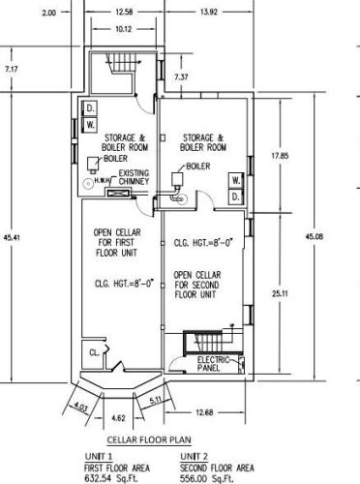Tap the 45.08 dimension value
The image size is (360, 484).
pos(315,236)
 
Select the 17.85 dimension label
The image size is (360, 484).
pos(280,156)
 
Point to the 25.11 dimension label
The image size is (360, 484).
pos(280,294)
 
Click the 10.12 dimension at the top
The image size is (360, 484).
pos(124,29)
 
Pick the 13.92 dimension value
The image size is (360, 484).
pos(209,12)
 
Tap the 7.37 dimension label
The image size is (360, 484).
pos(181,77)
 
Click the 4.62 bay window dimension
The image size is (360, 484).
pos(118,418)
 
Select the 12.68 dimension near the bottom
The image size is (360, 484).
pos(204,412)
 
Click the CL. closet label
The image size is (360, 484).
pos(94,353)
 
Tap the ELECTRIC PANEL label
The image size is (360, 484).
pos(213,364)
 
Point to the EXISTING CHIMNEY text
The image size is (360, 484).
pos(134,177)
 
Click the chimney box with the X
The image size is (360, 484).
pos(118,194)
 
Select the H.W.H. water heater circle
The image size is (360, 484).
pos(87,184)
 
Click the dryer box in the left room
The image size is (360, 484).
pos(90,108)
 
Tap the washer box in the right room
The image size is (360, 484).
pos(236,180)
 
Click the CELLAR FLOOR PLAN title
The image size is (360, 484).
pos(149,439)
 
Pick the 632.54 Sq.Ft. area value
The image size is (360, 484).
pos(111,478)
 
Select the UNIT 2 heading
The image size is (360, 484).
pos(195,457)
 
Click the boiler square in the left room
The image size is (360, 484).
pos(93,163)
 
